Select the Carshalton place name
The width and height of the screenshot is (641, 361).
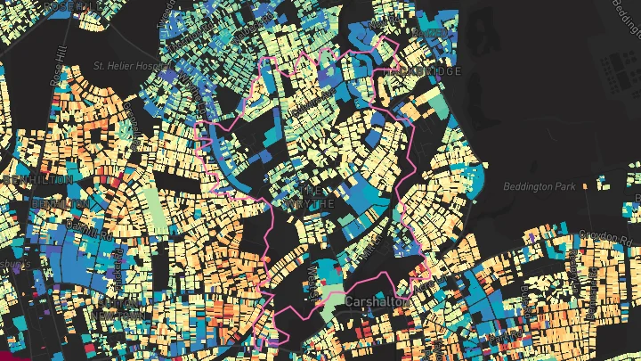click(377, 302)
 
